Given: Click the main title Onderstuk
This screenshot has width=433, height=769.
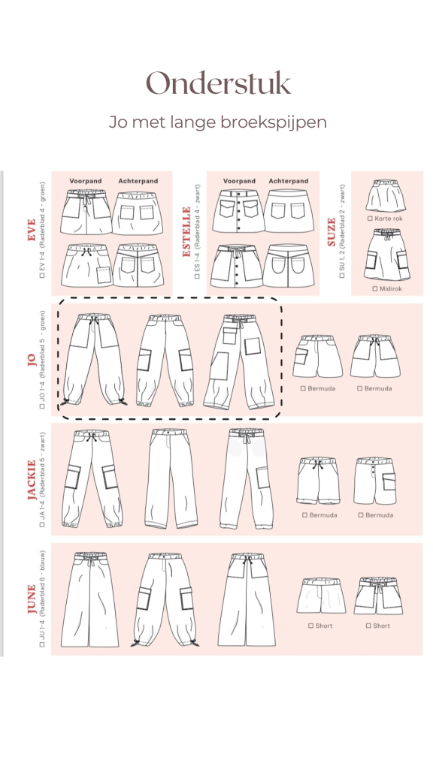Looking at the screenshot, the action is pos(219,83).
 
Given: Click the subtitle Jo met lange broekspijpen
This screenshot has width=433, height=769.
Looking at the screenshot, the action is pos(217,122).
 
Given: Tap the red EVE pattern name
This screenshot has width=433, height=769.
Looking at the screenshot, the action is pos(32,230).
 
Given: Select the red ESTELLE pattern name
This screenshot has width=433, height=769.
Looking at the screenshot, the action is pos(186,231).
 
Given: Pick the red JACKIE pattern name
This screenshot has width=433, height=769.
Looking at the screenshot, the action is pos(32,480).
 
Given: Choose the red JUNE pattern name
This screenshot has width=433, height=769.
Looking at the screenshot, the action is pos(32,599).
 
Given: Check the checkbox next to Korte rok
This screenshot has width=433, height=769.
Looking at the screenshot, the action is pos(370,219).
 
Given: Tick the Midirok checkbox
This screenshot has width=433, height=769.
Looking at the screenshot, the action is pos(375,289).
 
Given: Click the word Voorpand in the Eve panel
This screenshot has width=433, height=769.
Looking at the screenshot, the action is pos(86,181).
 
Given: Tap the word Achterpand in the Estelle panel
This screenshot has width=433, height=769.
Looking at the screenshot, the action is pos(289,181).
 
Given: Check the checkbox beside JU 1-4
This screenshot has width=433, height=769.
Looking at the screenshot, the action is pos(42,644).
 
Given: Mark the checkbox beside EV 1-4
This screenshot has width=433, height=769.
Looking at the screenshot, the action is pos(42,276).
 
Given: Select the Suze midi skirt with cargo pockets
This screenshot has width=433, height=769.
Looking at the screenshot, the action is pos(387,255).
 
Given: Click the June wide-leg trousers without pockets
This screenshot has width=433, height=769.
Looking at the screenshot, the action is pos(90,600).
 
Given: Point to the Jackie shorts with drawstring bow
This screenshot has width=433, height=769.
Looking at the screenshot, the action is pos(318,481).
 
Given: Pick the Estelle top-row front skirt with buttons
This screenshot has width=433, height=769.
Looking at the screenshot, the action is pos(238,211).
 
